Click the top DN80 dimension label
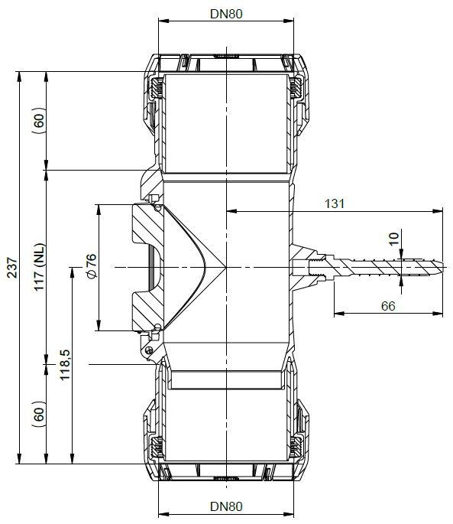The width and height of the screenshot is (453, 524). tap(226, 14)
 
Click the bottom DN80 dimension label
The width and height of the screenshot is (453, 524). tap(226, 506)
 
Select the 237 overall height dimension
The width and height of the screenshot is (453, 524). tap(12, 267)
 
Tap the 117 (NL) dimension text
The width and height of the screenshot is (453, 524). tap(39, 267)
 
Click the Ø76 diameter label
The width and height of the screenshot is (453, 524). tap(91, 266)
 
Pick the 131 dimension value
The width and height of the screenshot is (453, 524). tap(334, 203)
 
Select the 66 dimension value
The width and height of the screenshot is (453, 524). tap(388, 306)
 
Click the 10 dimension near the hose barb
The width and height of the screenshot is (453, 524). tap(394, 239)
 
